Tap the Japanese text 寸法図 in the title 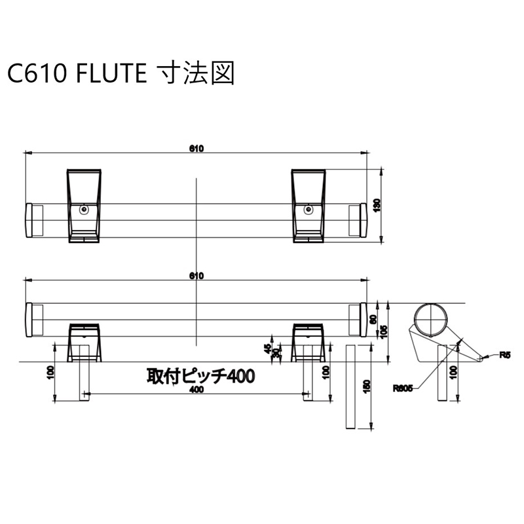tap(193, 73)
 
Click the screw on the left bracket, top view tap(84, 210)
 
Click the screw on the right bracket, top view tap(309, 210)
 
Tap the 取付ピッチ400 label tap(200, 376)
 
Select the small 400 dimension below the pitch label tap(195, 390)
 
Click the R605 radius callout tap(402, 388)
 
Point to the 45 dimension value tap(267, 348)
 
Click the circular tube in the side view tap(432, 319)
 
